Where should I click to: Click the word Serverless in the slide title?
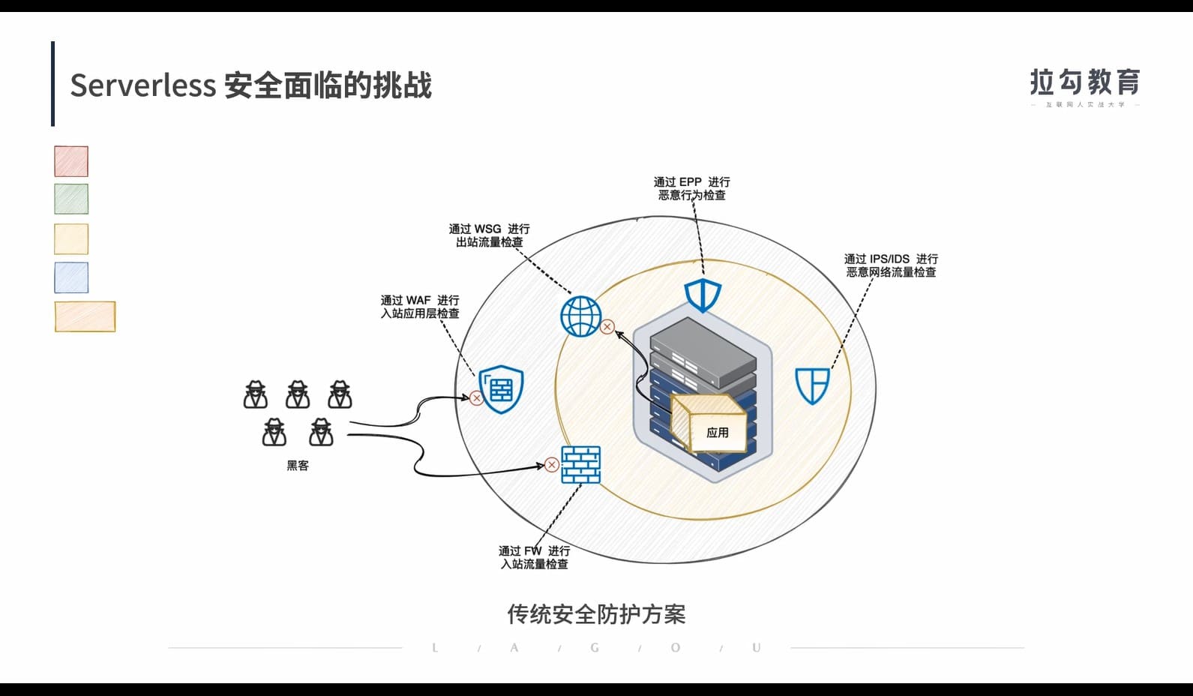pos(143,85)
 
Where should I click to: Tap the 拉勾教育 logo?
pos(1085,83)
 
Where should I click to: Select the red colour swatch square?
pos(71,161)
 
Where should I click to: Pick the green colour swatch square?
pos(71,199)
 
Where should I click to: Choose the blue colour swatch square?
pos(71,277)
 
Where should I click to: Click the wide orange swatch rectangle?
pos(85,316)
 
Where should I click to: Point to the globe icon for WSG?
pos(580,316)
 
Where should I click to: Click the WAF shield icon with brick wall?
pos(501,389)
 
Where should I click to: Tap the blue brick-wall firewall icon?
pos(581,464)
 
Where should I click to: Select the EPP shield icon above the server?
pos(703,295)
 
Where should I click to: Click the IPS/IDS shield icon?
pos(812,385)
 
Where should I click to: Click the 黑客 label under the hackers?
pos(298,466)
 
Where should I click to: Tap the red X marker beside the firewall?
pos(552,465)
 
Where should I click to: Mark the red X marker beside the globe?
pos(607,327)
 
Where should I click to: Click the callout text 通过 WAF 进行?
pos(420,300)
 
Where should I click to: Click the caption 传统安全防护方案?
pos(596,614)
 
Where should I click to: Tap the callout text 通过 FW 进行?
pos(534,551)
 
